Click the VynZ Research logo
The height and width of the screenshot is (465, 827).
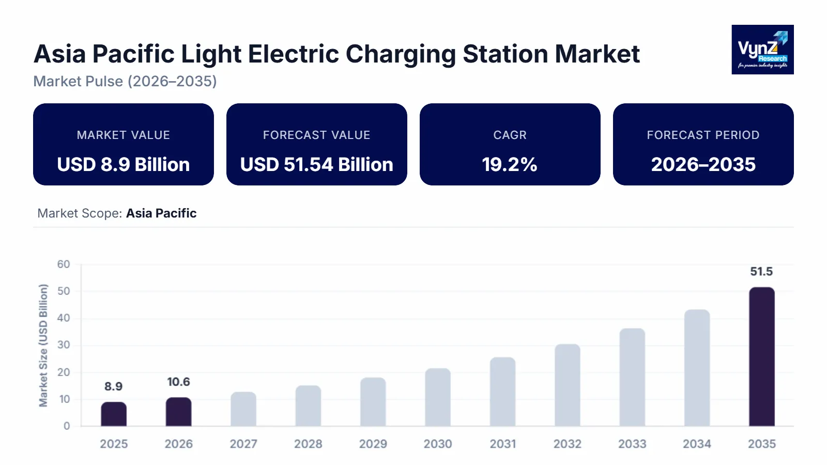click(762, 50)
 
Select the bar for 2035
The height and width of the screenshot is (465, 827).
click(761, 357)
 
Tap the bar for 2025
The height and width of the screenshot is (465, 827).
click(114, 414)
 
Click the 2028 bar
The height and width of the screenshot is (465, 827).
click(308, 406)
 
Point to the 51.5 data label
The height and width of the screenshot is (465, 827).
click(761, 272)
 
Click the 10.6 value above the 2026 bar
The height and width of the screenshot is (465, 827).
click(178, 382)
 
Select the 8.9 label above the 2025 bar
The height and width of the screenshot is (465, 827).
click(113, 386)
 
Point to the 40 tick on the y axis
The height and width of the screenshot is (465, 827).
click(64, 318)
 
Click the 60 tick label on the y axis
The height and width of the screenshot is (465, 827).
click(64, 265)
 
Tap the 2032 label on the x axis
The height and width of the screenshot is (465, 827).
click(568, 444)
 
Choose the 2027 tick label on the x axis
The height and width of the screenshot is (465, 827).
click(243, 444)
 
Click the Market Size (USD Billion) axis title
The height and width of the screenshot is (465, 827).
click(43, 345)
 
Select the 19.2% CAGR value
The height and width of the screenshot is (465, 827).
click(510, 164)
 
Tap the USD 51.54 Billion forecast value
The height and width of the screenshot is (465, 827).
click(316, 164)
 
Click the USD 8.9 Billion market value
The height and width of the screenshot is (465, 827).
click(123, 164)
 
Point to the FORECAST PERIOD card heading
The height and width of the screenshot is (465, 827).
click(703, 135)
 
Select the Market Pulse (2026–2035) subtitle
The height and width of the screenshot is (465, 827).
click(125, 81)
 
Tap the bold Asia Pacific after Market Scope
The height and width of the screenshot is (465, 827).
click(161, 213)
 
